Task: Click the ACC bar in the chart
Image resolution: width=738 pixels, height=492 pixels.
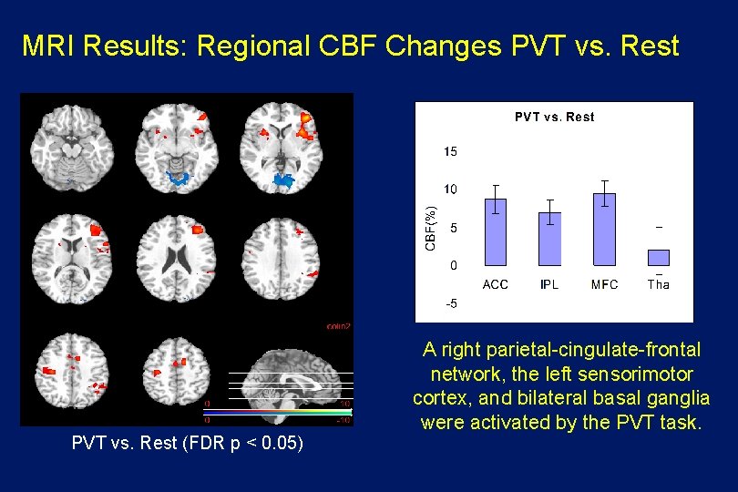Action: coord(495,231)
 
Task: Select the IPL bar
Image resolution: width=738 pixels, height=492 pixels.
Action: coord(549,239)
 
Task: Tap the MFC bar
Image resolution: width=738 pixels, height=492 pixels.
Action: coord(604,229)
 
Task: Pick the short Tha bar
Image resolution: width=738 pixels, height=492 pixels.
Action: coord(658,257)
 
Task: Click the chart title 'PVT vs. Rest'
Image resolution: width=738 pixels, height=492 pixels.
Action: coord(554,117)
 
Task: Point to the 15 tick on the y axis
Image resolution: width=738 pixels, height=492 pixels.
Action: coord(450,151)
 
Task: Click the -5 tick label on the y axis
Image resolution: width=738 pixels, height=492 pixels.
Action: coord(450,303)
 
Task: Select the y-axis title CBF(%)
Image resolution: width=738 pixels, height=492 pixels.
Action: coord(432,227)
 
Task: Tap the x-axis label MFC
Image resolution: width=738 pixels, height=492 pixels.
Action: coord(604,284)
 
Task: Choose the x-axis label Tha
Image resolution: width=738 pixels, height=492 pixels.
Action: coord(658,284)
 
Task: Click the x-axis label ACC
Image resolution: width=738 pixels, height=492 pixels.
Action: coord(495,284)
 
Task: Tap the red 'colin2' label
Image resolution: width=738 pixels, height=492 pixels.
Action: coord(338,325)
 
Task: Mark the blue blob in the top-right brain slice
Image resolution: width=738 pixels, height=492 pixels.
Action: coord(284,179)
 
